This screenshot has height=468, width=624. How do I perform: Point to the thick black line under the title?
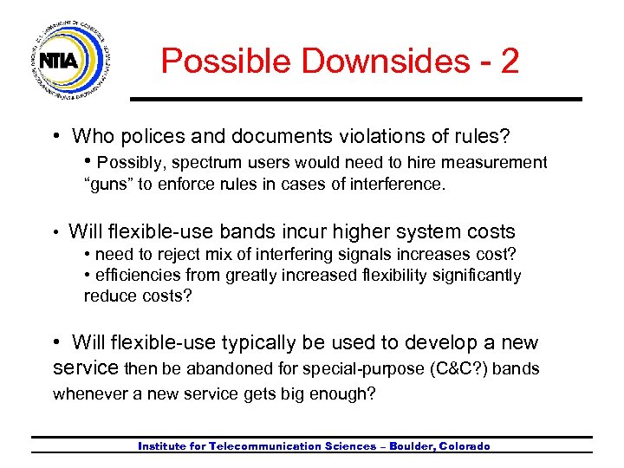[x=355, y=99]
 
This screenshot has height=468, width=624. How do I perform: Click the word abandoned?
[x=244, y=369]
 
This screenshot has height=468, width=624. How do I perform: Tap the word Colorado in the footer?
[x=464, y=446]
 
